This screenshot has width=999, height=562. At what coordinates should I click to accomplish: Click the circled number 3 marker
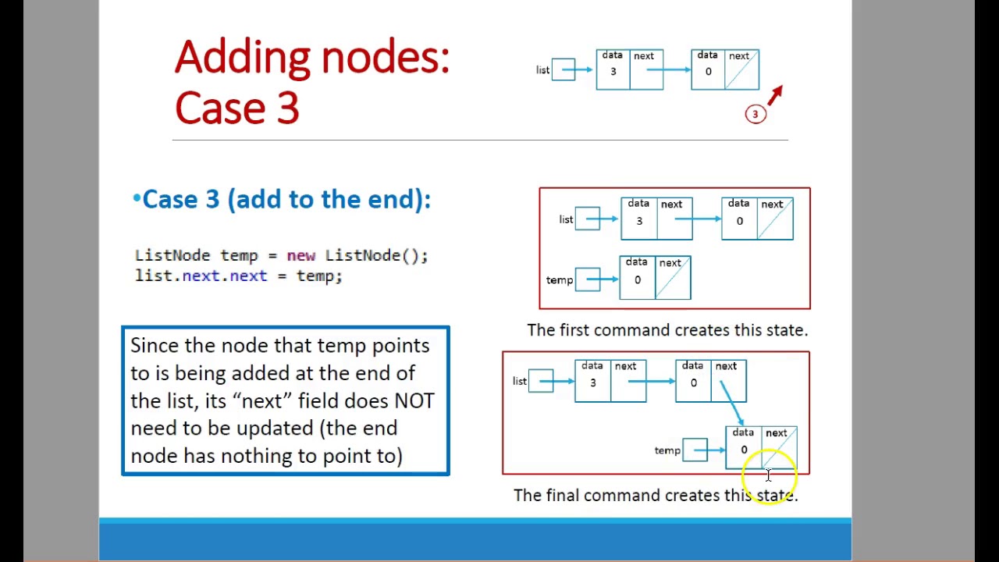(x=755, y=114)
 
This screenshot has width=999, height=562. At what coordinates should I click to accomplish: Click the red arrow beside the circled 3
(x=774, y=95)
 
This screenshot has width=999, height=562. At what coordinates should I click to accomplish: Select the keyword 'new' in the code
(x=300, y=255)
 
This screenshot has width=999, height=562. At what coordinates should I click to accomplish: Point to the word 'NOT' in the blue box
(x=414, y=400)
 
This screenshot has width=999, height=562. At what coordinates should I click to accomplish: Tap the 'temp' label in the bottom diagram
(x=667, y=450)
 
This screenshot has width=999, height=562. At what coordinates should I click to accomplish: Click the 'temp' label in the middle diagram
(x=559, y=280)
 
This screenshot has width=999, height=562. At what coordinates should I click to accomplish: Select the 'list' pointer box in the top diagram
(x=563, y=70)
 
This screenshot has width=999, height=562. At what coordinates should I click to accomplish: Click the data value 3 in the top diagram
(x=613, y=72)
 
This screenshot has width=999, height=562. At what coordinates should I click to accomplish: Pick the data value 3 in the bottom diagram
(x=592, y=382)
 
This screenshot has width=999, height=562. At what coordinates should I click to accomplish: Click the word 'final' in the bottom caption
(x=562, y=496)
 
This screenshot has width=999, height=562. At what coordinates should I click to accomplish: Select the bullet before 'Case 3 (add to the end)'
(x=137, y=200)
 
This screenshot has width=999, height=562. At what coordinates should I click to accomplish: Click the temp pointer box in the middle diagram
(x=587, y=279)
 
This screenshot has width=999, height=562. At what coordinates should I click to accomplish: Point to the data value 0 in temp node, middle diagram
(x=637, y=280)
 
